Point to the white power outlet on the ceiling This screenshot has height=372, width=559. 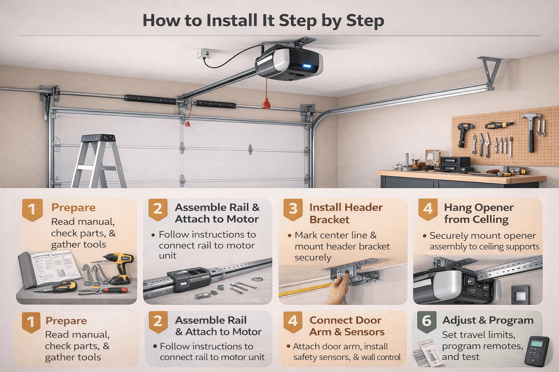(203, 54)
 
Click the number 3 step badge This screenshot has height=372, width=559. (293, 209)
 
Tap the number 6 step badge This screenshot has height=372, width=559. (426, 321)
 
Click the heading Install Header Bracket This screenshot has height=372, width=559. (346, 213)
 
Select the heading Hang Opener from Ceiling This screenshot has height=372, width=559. (478, 213)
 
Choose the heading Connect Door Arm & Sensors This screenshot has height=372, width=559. (346, 326)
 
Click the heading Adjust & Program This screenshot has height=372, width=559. (488, 320)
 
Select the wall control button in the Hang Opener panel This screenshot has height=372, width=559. (520, 295)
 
